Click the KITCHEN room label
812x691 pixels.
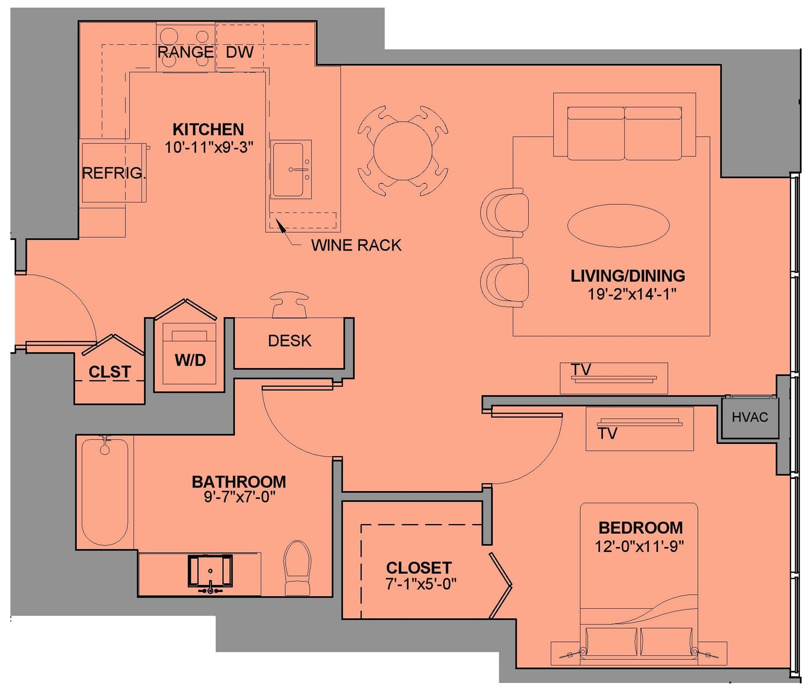point(208,129)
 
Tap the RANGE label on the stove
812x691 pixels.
point(185,52)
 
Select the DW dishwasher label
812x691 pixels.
point(240,52)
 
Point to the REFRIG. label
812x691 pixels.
point(114,173)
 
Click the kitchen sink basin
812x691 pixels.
point(288,169)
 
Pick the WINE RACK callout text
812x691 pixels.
point(356,246)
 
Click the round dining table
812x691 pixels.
point(403,151)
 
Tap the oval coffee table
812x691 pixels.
point(618,225)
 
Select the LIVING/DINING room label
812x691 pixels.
point(628,276)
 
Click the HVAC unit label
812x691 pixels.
point(750,417)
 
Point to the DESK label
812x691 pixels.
point(289,341)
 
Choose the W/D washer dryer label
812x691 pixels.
point(190,360)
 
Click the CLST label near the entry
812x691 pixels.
point(110,372)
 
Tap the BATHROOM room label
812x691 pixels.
point(239,481)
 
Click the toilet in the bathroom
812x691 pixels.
point(297,568)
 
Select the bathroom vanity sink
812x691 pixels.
point(210,572)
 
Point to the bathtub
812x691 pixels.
point(105,492)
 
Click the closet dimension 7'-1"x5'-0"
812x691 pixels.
point(421,584)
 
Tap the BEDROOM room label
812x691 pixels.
point(640,528)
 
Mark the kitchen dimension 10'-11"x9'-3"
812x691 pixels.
point(209,147)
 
